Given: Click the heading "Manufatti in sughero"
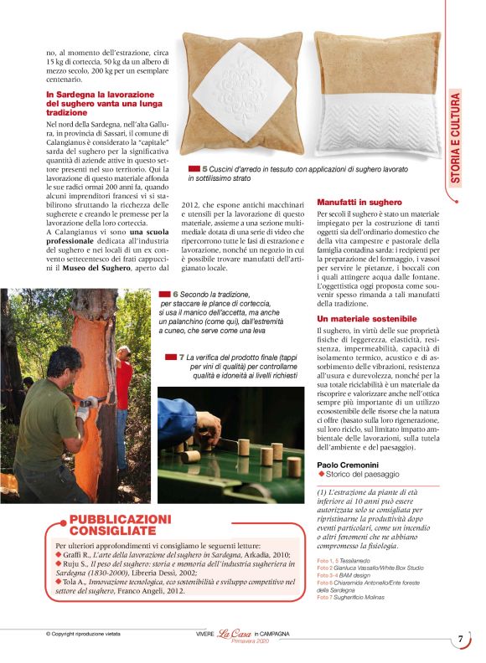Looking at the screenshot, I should pos(359,203).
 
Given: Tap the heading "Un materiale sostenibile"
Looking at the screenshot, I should pos(366,319).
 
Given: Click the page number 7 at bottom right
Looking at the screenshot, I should pos(460,639).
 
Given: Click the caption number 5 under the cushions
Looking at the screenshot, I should pos(204,169).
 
